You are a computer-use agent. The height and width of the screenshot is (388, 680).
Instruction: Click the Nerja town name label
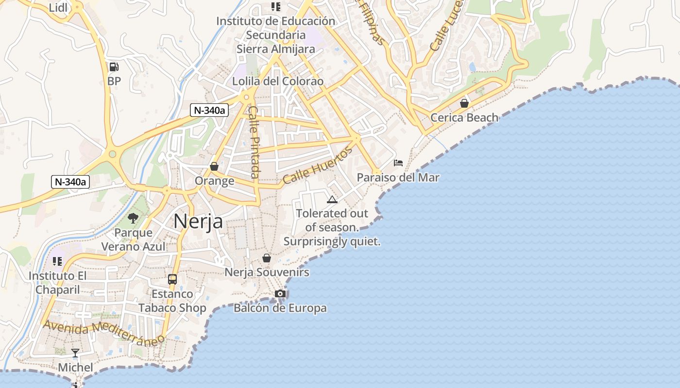pyautogui.click(x=198, y=221)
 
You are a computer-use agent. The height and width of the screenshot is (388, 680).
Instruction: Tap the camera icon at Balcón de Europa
pyautogui.click(x=280, y=293)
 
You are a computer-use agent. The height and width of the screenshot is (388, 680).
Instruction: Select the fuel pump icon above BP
pyautogui.click(x=114, y=67)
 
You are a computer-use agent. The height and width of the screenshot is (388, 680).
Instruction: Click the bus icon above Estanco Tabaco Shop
pyautogui.click(x=172, y=279)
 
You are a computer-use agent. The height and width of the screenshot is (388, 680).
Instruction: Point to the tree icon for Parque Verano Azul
pyautogui.click(x=133, y=218)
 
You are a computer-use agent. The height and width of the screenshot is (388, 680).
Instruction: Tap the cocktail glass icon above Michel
pyautogui.click(x=75, y=353)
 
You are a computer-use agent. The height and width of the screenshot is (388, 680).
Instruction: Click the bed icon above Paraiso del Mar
pyautogui.click(x=398, y=163)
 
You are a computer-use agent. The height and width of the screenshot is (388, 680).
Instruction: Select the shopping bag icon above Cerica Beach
pyautogui.click(x=464, y=103)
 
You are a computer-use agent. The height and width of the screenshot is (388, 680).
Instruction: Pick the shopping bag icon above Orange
pyautogui.click(x=214, y=166)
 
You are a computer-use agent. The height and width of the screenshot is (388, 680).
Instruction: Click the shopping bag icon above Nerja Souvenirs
pyautogui.click(x=267, y=258)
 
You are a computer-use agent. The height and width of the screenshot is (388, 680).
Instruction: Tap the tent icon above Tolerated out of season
pyautogui.click(x=332, y=199)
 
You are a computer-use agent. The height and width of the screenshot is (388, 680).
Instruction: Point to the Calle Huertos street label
pyautogui.click(x=318, y=165)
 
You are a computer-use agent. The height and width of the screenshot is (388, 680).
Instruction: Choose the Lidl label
pyautogui.click(x=59, y=8)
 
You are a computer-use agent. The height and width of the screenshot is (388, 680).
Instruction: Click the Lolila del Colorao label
pyautogui.click(x=278, y=81)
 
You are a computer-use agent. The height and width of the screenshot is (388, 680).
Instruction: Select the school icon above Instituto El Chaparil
pyautogui.click(x=57, y=261)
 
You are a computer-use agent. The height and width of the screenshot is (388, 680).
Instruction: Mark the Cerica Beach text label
pyautogui.click(x=464, y=117)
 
